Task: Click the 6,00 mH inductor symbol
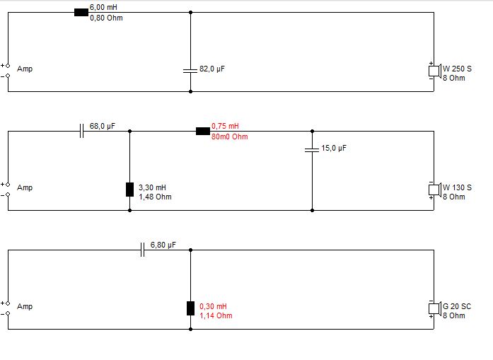81,11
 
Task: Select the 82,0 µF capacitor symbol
190,70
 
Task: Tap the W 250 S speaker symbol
434,71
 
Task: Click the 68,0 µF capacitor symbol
81,131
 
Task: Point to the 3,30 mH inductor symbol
129,189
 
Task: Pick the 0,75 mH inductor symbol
203,131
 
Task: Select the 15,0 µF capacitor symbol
312,150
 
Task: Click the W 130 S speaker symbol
434,190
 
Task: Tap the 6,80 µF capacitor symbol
142,250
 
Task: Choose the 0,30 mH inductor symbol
190,308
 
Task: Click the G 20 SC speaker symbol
434,308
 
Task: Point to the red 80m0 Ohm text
229,137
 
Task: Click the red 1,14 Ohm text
216,315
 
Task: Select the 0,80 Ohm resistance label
106,18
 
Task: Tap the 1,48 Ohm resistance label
155,197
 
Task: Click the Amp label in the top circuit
25,69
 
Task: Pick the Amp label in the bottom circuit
25,307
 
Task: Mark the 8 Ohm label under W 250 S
454,78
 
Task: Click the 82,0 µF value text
211,69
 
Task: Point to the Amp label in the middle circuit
25,188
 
